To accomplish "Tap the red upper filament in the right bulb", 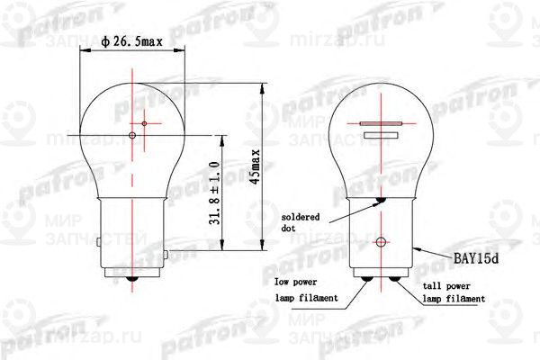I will click(378, 122).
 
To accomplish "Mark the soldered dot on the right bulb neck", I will click(381, 200).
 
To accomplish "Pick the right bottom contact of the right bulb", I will click(393, 280).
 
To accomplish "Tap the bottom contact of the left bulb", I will click(132, 282).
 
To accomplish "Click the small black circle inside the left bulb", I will click(132, 136).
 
